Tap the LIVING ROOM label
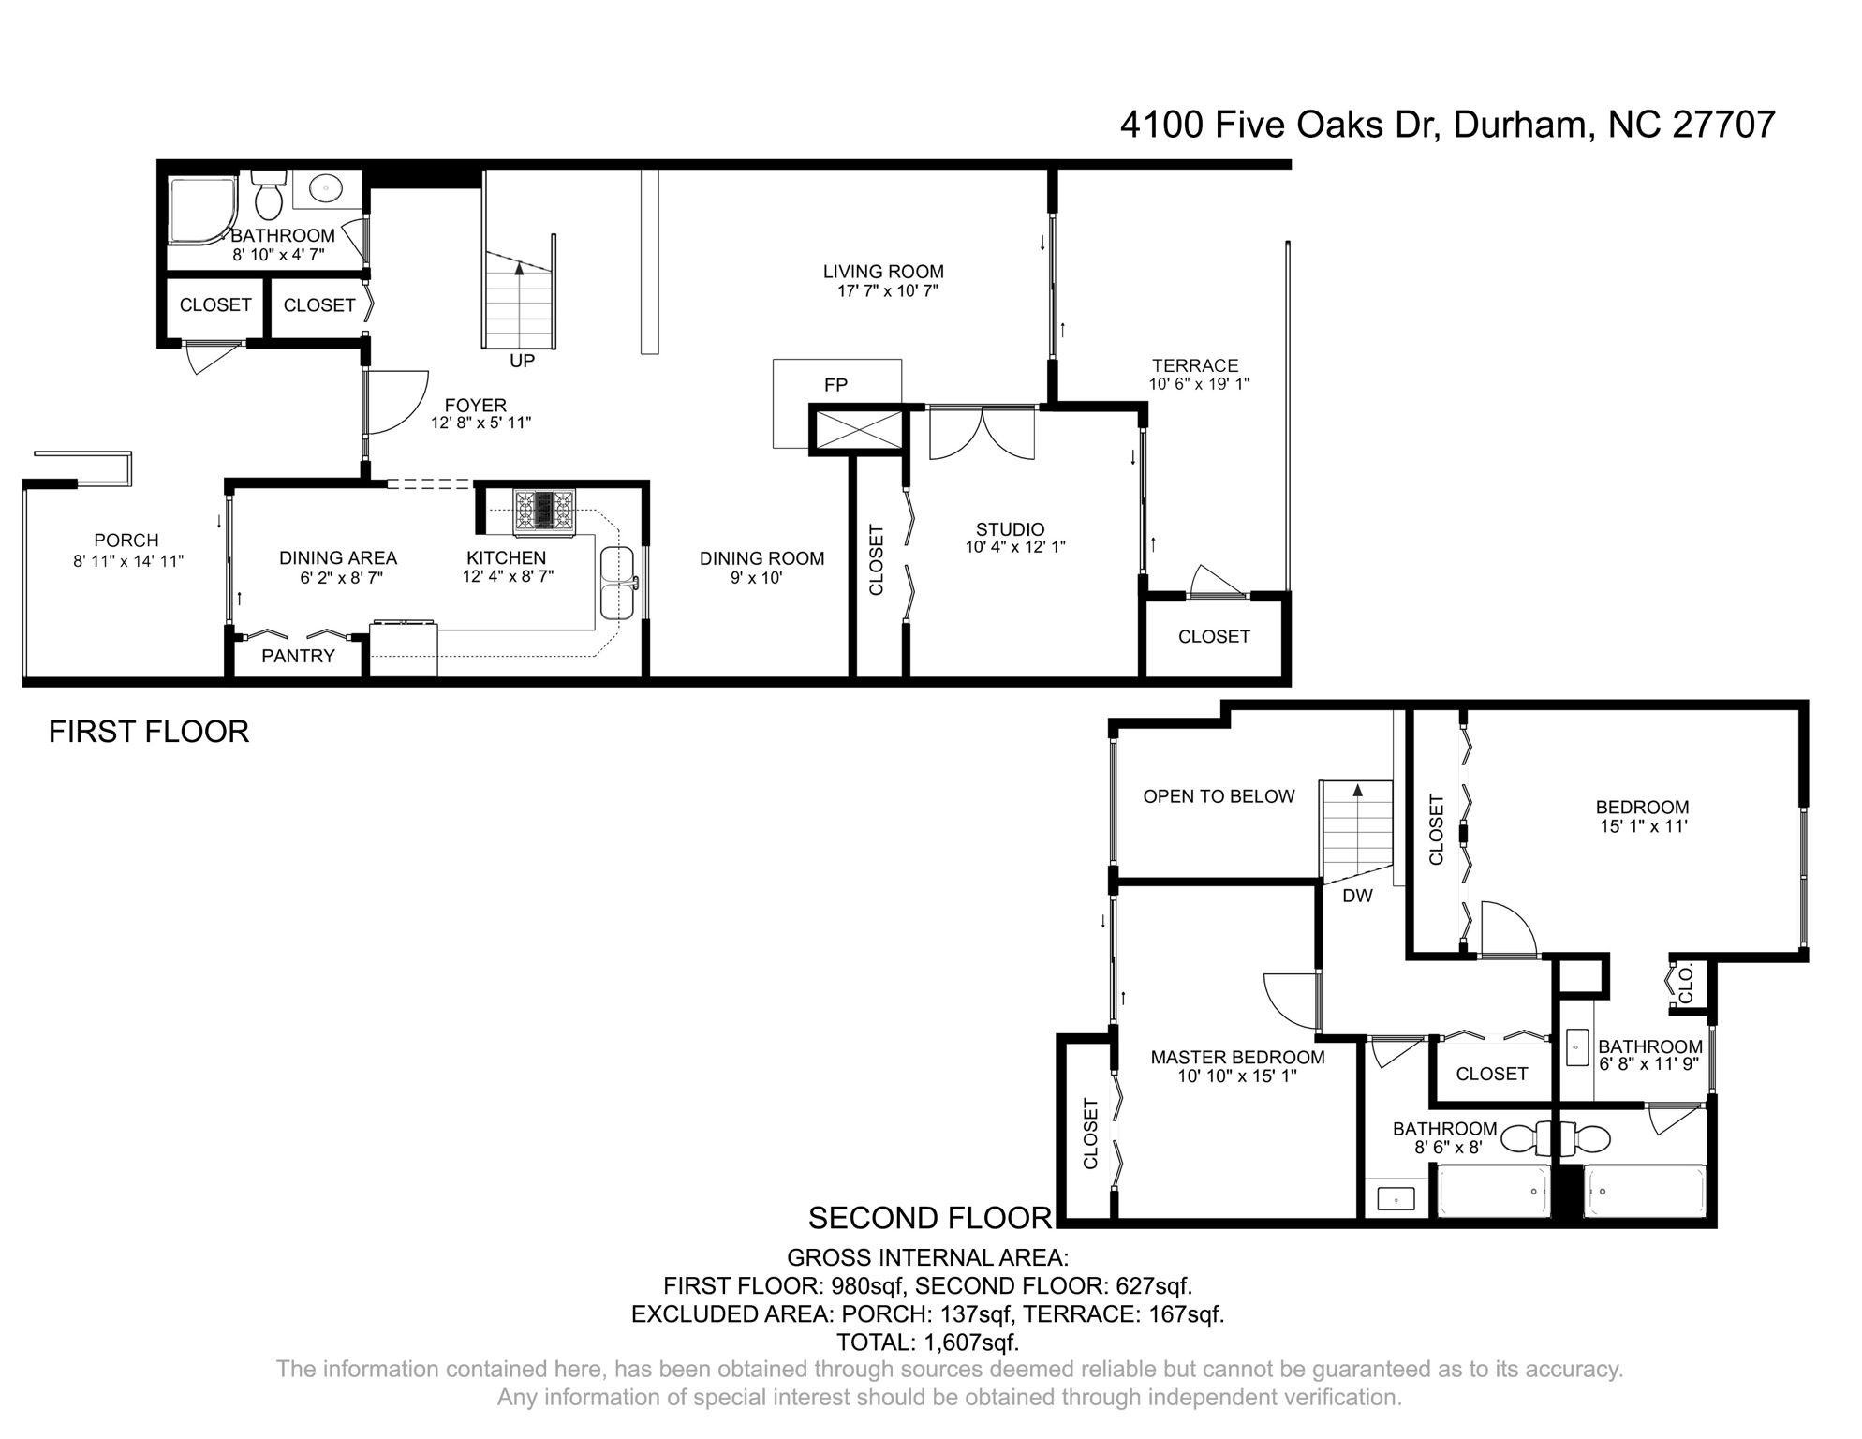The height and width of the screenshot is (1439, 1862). (883, 272)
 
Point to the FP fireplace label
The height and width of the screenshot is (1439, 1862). (835, 385)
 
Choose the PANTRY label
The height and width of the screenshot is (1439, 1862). (298, 656)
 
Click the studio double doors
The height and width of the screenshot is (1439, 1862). (981, 434)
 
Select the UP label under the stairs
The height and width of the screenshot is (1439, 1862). (522, 361)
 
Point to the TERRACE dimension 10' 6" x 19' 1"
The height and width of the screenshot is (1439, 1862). (1199, 384)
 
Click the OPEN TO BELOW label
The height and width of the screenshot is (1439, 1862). (1219, 796)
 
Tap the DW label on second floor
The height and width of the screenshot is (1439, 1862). (1357, 896)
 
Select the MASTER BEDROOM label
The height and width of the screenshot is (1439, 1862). (1237, 1057)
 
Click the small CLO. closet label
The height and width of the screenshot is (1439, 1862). (1686, 986)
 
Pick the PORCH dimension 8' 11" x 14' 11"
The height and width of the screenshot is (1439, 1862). (128, 561)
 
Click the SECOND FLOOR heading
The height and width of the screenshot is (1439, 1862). (930, 1217)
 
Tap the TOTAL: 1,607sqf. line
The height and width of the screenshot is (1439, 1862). (927, 1342)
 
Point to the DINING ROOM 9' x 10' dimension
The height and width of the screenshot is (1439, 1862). (757, 578)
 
